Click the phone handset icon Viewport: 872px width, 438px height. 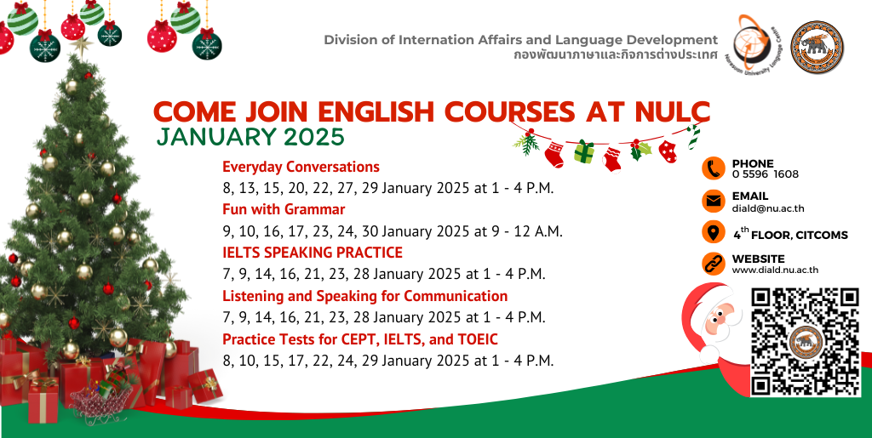pyautogui.click(x=713, y=168)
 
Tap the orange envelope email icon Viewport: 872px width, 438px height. pyautogui.click(x=713, y=201)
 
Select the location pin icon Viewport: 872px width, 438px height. pyautogui.click(x=713, y=232)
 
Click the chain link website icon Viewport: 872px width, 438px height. pyautogui.click(x=713, y=264)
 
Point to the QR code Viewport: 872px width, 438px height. pyautogui.click(x=806, y=341)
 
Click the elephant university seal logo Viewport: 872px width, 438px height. pyautogui.click(x=817, y=48)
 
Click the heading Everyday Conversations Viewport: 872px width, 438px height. pyautogui.click(x=301, y=167)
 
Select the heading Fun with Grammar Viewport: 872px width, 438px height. pyautogui.click(x=284, y=209)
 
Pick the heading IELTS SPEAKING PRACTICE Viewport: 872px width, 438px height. pyautogui.click(x=313, y=252)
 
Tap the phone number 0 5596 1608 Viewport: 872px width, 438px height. pyautogui.click(x=766, y=174)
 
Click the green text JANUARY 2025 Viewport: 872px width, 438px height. pyautogui.click(x=250, y=137)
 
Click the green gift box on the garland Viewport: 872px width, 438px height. pyautogui.click(x=584, y=151)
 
